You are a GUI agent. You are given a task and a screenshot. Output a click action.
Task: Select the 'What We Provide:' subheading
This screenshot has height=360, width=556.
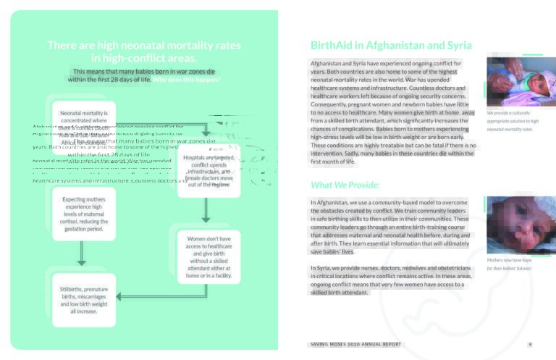pyautogui.click(x=340, y=185)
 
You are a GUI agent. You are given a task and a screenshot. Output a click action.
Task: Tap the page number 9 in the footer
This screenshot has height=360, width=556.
pyautogui.click(x=530, y=344)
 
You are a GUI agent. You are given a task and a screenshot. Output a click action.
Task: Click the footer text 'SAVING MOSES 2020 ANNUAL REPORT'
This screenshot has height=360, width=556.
pyautogui.click(x=354, y=344)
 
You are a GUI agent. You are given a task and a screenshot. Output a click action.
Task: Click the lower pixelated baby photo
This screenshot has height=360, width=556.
pyautogui.click(x=515, y=225)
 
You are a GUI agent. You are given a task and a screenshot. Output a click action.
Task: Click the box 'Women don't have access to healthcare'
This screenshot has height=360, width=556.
pyautogui.click(x=208, y=257)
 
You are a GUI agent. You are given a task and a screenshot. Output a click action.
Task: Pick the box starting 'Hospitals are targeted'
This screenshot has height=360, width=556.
pyautogui.click(x=208, y=170)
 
